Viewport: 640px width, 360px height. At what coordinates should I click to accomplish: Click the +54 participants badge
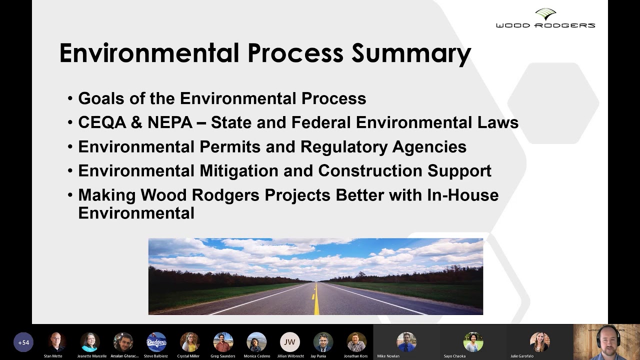click(23, 342)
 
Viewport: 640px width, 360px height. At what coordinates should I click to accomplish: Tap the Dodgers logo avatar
click(156, 342)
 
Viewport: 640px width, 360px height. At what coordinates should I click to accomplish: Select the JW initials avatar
click(290, 342)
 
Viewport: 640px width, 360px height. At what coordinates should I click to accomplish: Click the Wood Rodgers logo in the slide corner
click(545, 18)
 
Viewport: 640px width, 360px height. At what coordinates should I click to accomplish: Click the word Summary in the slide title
click(411, 53)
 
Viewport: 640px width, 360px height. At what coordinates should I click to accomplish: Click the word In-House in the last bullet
click(462, 194)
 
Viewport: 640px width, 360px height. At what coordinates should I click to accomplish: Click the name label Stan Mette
click(53, 356)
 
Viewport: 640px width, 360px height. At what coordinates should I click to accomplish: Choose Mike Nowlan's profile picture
click(406, 342)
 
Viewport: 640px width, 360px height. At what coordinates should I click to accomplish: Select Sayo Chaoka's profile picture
click(473, 342)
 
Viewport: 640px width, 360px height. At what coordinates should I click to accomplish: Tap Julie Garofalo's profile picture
click(540, 342)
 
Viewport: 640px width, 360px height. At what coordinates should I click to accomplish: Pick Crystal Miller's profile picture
click(189, 342)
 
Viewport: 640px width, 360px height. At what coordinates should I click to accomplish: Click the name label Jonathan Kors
click(356, 356)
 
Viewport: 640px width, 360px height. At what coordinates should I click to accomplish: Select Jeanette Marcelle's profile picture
click(90, 342)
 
